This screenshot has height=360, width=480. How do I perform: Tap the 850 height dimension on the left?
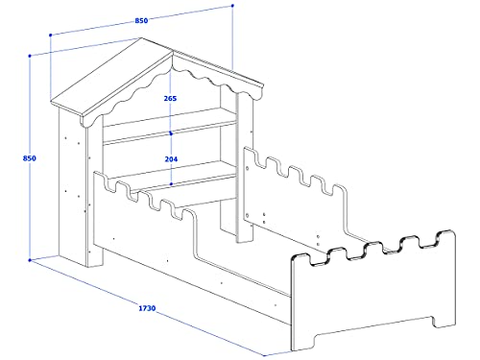tap(15, 158)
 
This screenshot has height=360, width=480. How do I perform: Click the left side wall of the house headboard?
tap(72, 182)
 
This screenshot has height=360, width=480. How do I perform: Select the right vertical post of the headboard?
tap(230, 163)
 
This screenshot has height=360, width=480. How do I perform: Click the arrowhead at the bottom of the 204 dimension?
tap(170, 183)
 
